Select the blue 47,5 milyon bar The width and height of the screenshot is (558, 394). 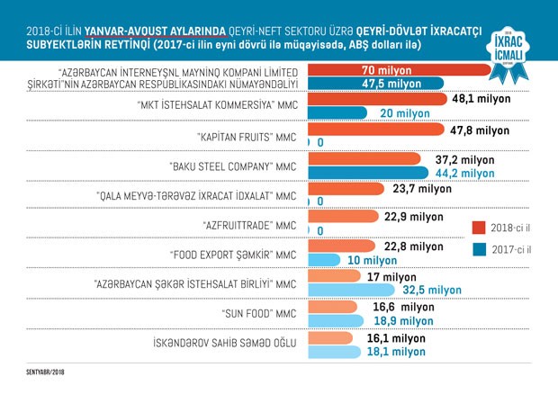[x=378, y=84]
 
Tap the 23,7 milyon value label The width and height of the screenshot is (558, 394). [x=421, y=189]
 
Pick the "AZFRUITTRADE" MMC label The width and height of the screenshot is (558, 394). [x=246, y=224]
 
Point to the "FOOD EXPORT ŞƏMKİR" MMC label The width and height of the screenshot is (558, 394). [x=233, y=254]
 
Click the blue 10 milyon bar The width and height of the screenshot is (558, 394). [x=328, y=261]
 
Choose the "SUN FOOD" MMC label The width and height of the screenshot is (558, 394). [x=257, y=314]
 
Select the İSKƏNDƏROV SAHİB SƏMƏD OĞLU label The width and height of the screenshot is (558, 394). [x=225, y=343]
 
